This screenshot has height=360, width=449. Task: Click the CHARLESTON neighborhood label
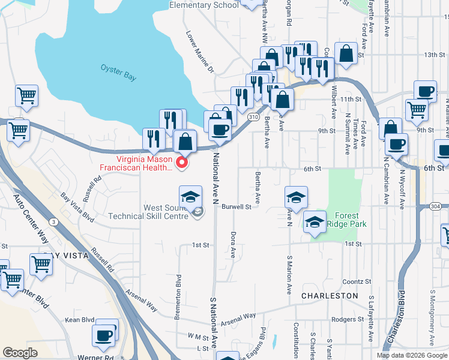330,296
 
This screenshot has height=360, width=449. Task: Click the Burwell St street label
236,206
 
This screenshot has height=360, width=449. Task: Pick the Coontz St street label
357,281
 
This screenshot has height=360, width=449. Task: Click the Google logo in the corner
20,353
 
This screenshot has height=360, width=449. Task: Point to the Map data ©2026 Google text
412,355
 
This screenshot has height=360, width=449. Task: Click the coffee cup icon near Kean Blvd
104,335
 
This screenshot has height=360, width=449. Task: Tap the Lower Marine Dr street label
199,52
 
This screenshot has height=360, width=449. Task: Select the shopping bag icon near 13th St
347,54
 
